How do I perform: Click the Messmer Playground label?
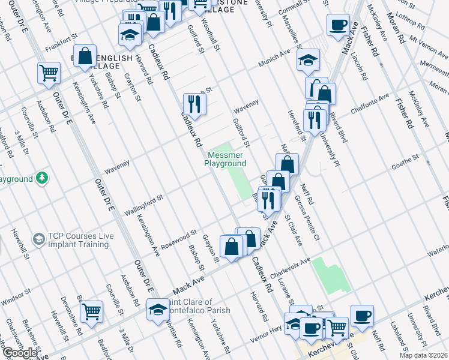[225, 159]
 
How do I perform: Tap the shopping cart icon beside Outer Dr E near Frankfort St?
[49, 73]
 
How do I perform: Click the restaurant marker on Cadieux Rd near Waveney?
[194, 104]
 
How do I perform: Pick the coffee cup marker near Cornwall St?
[337, 25]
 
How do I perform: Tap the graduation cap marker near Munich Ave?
[308, 60]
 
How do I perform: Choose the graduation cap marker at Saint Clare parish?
[158, 310]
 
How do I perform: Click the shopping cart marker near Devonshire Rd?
[91, 311]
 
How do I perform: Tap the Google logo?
[20, 353]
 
